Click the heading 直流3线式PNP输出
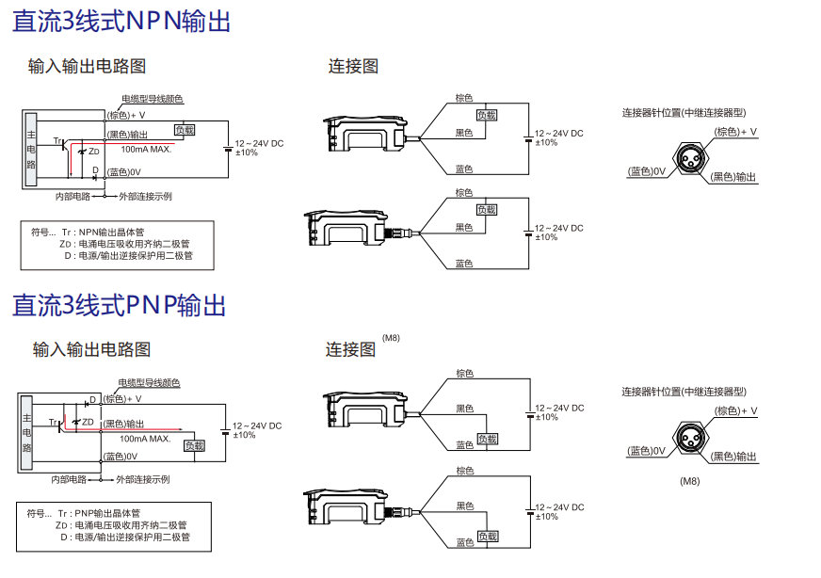pos(120,305)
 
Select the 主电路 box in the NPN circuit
pos(31,149)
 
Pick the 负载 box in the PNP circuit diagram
pos(194,445)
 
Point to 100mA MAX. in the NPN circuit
pos(146,150)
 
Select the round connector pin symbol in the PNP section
pos(690,438)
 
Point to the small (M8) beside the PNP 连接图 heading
pos(391,337)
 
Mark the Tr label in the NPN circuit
pos(57,140)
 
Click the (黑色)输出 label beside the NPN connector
pos(734,176)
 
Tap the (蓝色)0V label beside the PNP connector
pos(647,451)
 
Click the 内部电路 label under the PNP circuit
pos(69,479)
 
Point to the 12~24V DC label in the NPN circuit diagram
pos(259,142)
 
